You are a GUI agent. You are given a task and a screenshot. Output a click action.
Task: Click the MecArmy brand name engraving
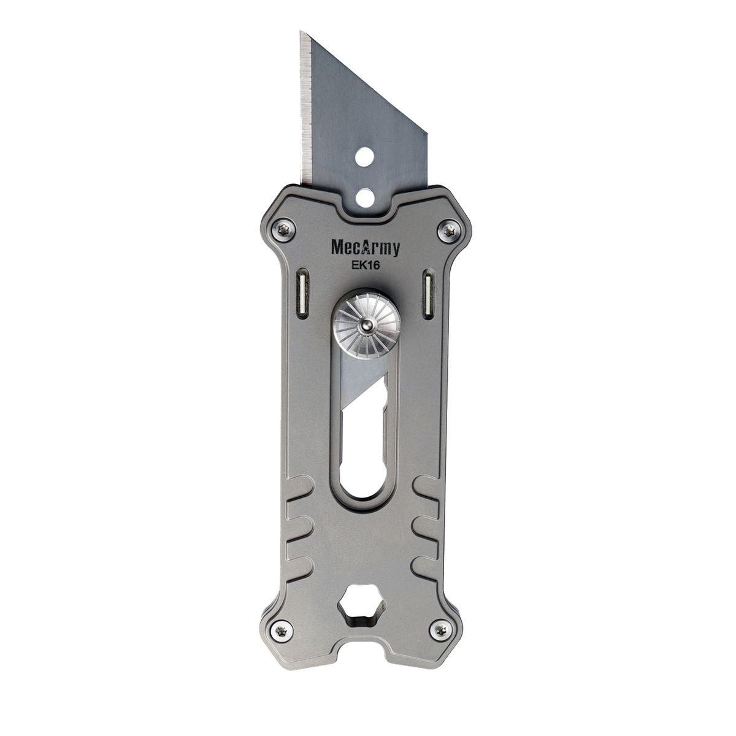pos(366,248)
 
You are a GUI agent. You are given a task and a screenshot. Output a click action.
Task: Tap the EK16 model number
pos(366,266)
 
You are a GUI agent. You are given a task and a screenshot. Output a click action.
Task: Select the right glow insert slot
pos(427,294)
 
